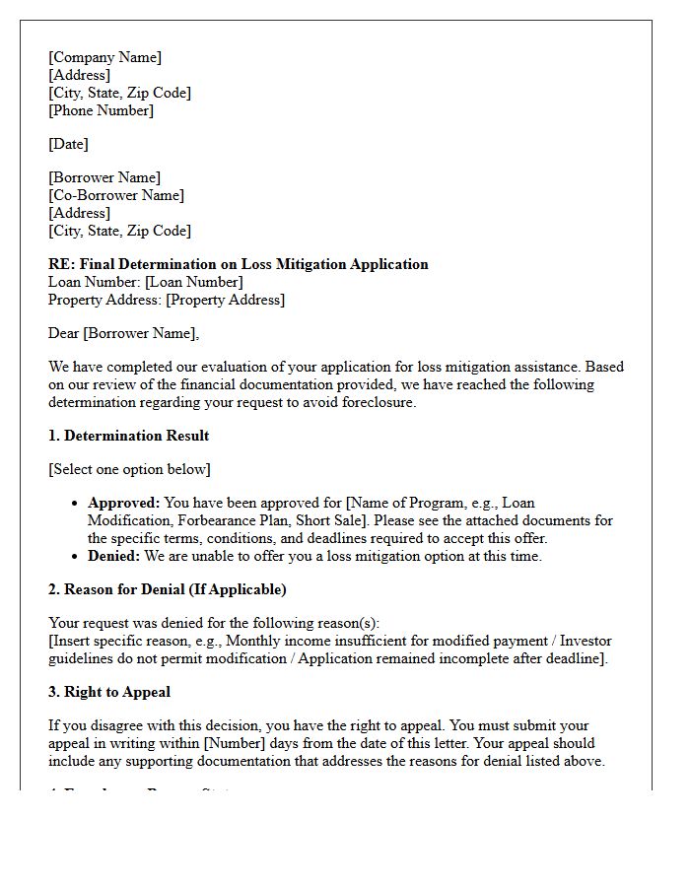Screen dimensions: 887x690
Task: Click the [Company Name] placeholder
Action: pos(105,57)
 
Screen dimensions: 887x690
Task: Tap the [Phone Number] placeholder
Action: pos(102,110)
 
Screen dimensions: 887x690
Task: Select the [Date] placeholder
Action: pos(68,144)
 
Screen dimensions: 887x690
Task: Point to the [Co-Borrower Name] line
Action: pos(116,195)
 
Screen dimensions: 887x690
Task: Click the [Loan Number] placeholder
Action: pos(194,282)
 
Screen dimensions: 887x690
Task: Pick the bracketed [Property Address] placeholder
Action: pos(225,300)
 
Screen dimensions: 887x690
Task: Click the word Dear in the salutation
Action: pos(64,333)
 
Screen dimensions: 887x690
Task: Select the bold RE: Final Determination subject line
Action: pos(239,264)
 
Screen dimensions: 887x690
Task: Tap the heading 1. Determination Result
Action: pos(129,436)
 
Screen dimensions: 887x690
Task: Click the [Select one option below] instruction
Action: pos(129,469)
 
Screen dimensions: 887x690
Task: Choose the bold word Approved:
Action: pos(123,503)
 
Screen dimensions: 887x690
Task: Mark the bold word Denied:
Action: pos(114,556)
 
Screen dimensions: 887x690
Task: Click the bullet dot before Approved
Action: pos(76,504)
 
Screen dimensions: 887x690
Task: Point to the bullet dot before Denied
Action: pos(76,557)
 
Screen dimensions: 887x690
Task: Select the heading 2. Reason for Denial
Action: pos(168,589)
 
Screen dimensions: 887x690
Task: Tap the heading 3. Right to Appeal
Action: pos(109,692)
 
